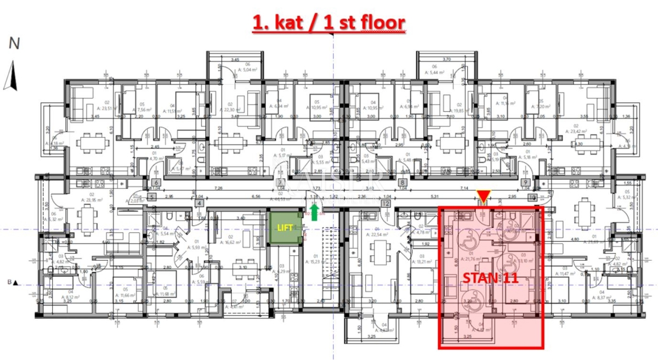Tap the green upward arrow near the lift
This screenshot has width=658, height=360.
(314, 212)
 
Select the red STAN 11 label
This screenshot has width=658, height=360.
(490, 277)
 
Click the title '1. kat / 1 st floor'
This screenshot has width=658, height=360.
(328, 23)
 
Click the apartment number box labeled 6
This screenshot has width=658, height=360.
(156, 183)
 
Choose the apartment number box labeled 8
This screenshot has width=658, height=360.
(402, 183)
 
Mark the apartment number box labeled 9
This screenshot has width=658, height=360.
(525, 183)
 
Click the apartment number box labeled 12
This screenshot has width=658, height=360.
(386, 203)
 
